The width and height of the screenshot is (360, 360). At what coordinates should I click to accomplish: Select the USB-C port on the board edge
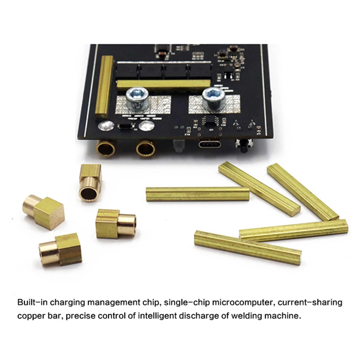point(211,145)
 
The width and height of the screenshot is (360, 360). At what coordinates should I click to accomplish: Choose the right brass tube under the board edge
point(146,148)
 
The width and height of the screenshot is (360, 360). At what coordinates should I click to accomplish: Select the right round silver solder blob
point(146,126)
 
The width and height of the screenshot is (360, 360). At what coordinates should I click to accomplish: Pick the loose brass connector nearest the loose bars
point(115,224)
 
